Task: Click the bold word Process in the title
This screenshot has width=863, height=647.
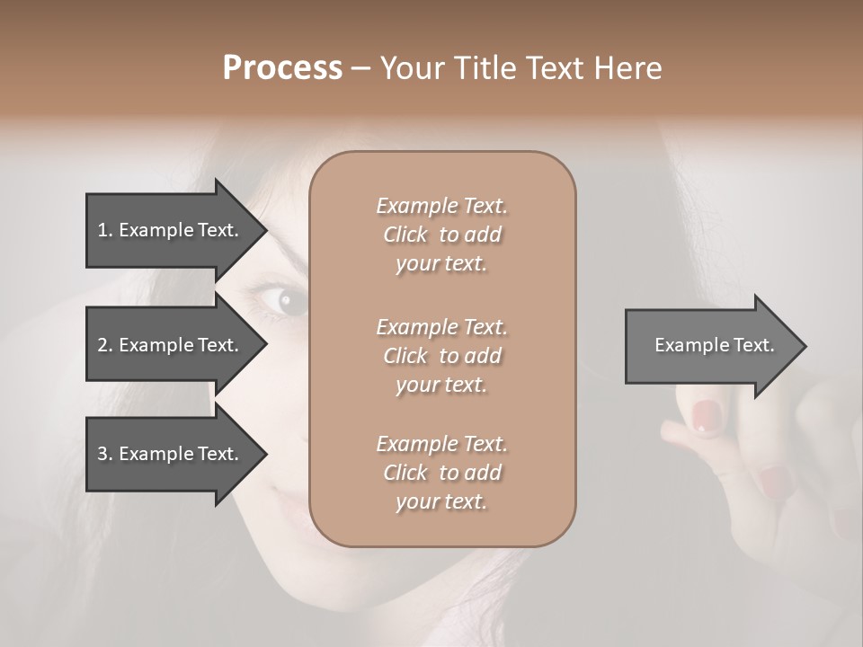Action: tap(282, 68)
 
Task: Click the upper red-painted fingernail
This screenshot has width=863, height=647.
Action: tap(707, 416)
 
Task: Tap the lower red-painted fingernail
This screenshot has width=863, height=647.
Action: tap(774, 483)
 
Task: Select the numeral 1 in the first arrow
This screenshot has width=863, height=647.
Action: tap(102, 230)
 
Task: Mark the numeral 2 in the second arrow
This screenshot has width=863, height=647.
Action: tap(102, 345)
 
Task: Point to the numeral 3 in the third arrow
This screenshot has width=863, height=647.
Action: tap(102, 454)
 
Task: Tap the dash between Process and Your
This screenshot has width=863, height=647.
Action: tap(360, 69)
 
